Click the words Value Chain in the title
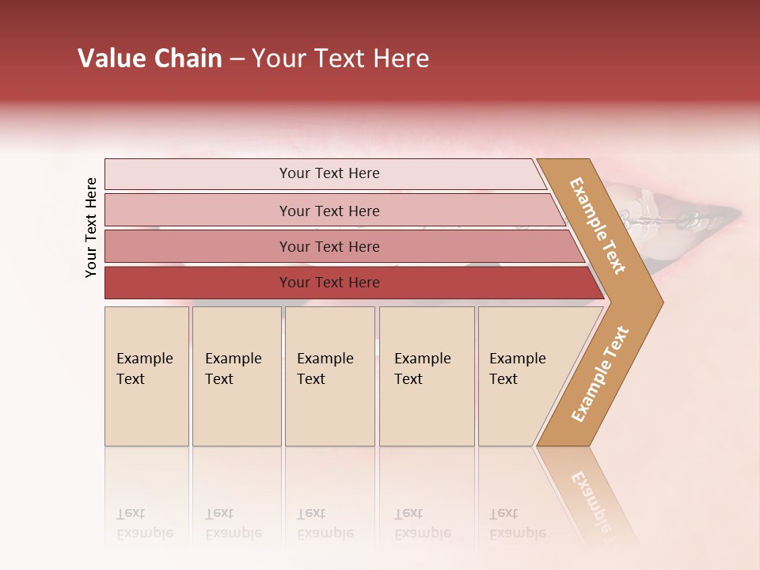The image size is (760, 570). pyautogui.click(x=150, y=59)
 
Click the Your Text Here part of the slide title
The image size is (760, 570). pyautogui.click(x=340, y=59)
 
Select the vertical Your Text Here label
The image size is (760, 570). pyautogui.click(x=91, y=227)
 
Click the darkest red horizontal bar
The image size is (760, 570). pyautogui.click(x=198, y=283)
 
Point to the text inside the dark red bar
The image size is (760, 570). pyautogui.click(x=329, y=283)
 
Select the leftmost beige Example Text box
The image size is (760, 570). pyautogui.click(x=146, y=376)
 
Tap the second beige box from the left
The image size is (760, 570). pyautogui.click(x=236, y=376)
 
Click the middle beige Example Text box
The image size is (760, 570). pyautogui.click(x=329, y=376)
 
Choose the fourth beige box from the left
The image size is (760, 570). pyautogui.click(x=427, y=376)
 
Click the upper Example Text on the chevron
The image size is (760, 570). pyautogui.click(x=598, y=225)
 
